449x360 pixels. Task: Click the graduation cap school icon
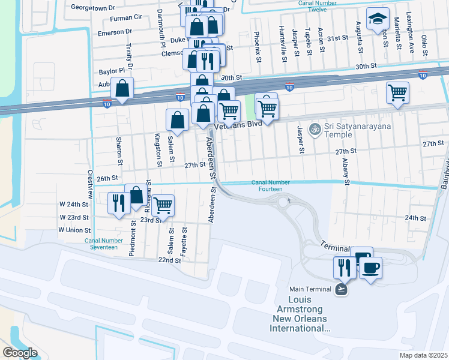coord(378,19)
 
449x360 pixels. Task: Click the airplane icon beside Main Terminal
coord(341,289)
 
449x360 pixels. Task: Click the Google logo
coord(20,353)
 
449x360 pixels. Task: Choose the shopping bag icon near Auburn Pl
coord(122,89)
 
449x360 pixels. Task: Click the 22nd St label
coord(169,260)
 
